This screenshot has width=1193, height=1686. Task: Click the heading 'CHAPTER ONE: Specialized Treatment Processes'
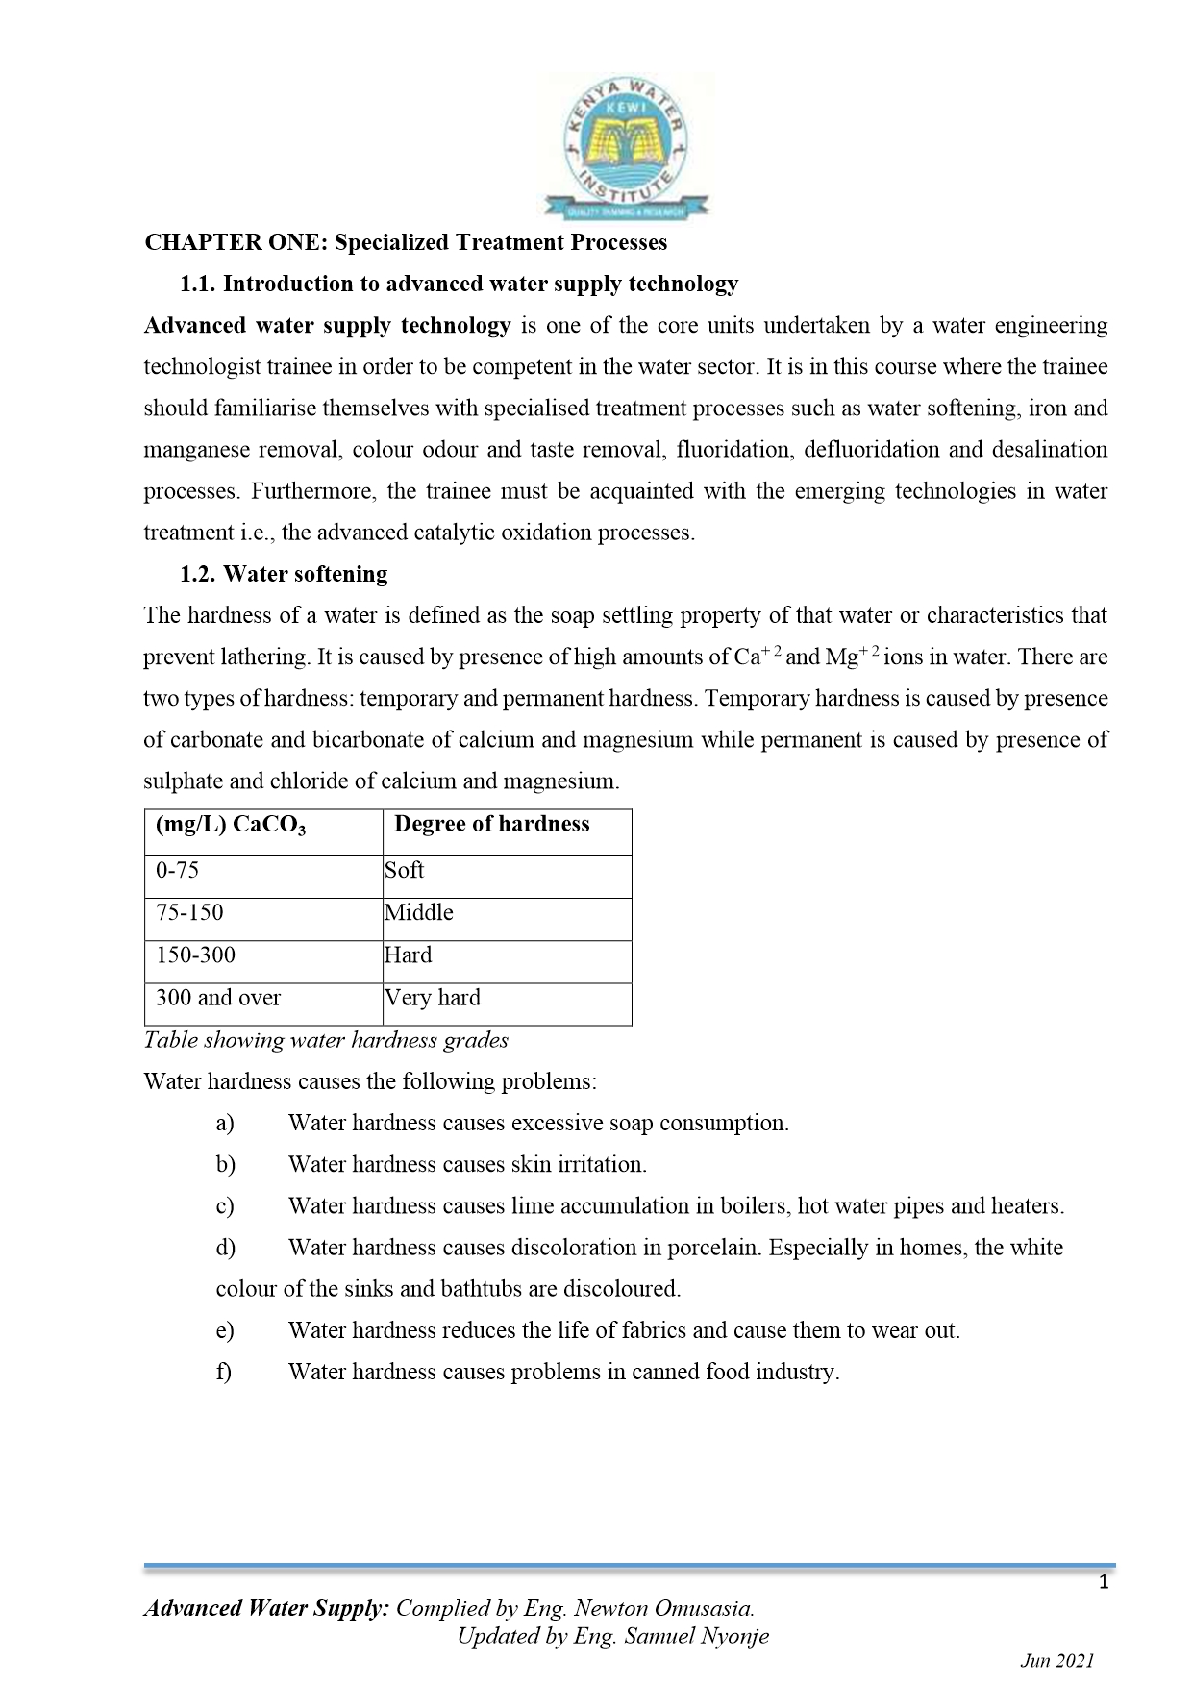click(x=406, y=242)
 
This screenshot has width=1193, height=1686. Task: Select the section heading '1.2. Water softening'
click(x=284, y=574)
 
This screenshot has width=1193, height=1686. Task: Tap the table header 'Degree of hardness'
click(x=491, y=824)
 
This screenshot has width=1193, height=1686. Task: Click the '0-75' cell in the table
click(x=178, y=870)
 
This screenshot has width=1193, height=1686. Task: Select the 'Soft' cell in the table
click(x=405, y=870)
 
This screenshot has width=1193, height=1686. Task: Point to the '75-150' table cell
click(x=189, y=912)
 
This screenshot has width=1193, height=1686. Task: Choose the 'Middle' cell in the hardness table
click(x=419, y=912)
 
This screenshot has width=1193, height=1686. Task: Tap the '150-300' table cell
click(x=195, y=955)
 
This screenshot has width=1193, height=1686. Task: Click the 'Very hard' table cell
click(x=433, y=997)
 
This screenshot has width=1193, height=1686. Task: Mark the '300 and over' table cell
click(x=218, y=997)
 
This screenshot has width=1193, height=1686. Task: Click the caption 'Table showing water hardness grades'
click(x=326, y=1040)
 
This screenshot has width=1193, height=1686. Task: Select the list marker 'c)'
click(x=225, y=1205)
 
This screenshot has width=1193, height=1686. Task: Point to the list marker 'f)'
click(x=224, y=1372)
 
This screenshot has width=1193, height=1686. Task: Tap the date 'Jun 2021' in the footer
click(x=1056, y=1661)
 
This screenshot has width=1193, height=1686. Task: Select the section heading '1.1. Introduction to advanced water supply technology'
click(x=460, y=284)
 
